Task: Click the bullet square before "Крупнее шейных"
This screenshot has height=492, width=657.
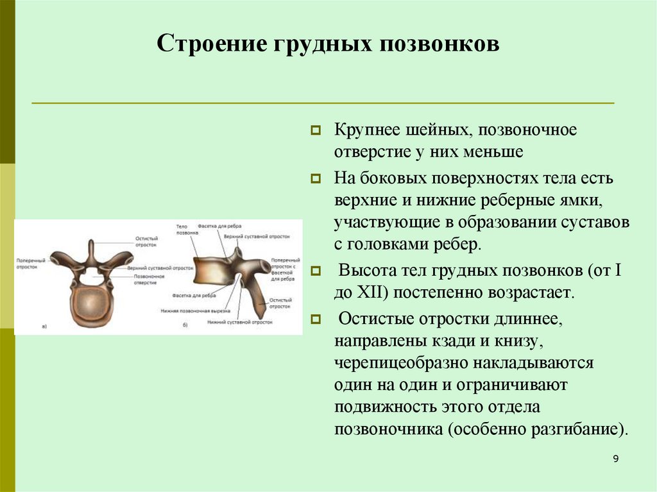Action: pyautogui.click(x=316, y=131)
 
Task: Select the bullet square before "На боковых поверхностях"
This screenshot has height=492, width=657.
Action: pyautogui.click(x=316, y=178)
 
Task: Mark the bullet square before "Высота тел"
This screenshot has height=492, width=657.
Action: pyautogui.click(x=316, y=271)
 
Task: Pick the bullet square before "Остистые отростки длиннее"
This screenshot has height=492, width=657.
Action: pyautogui.click(x=316, y=318)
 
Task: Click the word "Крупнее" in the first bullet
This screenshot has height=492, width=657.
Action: pyautogui.click(x=363, y=130)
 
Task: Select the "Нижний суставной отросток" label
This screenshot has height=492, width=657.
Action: pyautogui.click(x=239, y=321)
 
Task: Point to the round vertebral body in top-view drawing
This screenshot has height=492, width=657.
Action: pyautogui.click(x=92, y=307)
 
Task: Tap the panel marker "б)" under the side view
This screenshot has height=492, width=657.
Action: pyautogui.click(x=185, y=326)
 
